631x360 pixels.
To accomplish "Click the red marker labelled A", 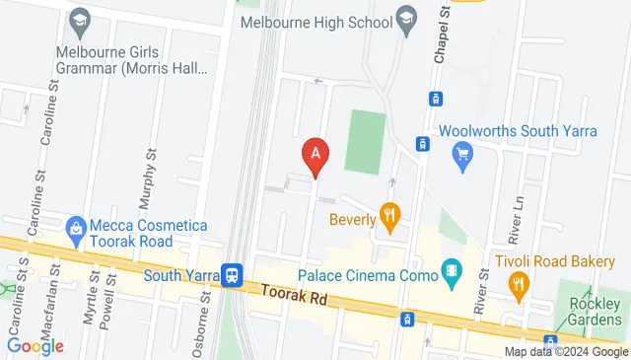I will tap(315, 155).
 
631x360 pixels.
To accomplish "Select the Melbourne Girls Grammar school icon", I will tap(78, 21).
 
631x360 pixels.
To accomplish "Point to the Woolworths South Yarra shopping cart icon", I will tap(460, 154).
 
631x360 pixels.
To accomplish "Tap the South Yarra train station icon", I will tap(233, 275).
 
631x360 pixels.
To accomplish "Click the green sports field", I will tap(365, 143).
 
